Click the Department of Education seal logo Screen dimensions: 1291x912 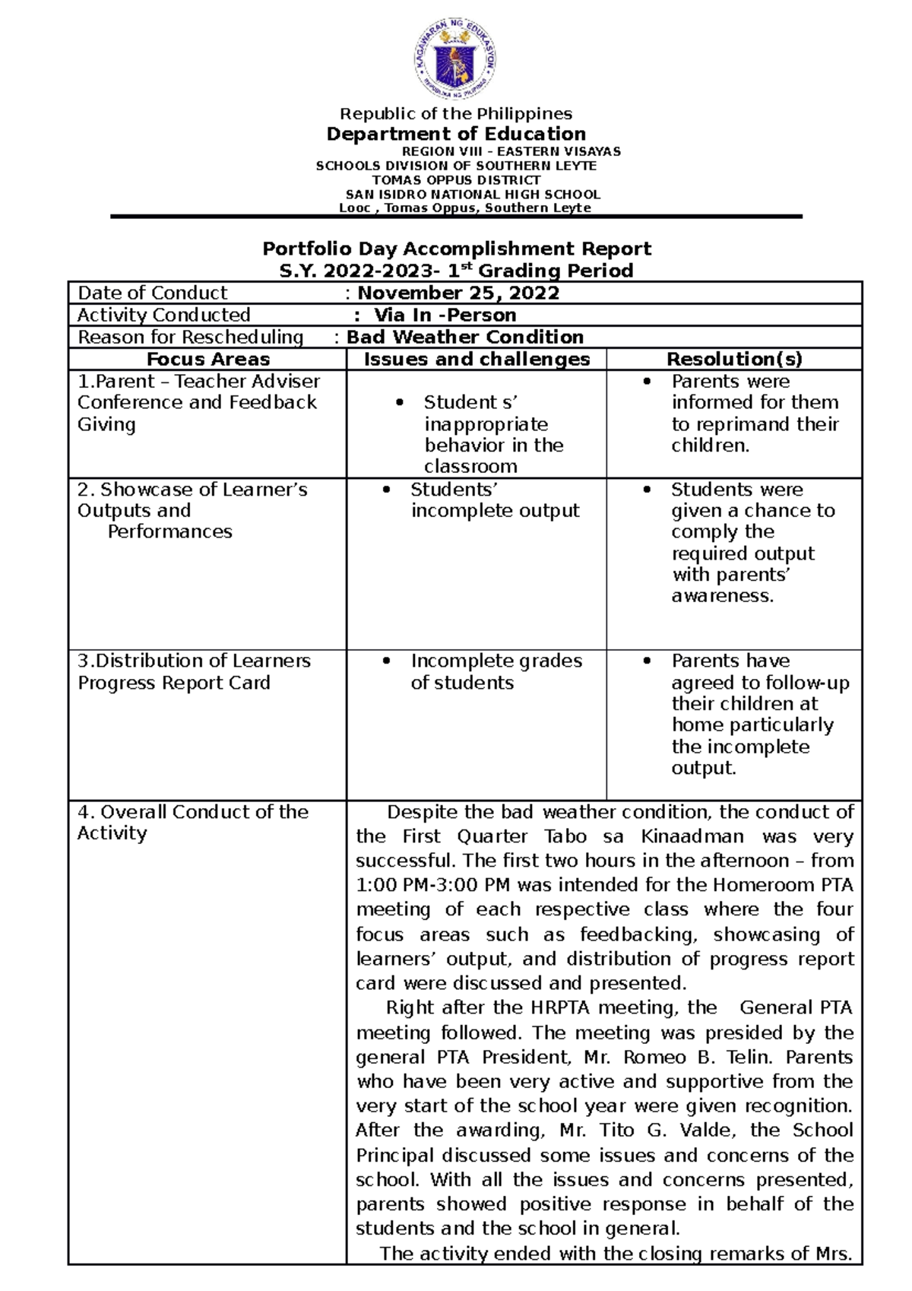pyautogui.click(x=455, y=59)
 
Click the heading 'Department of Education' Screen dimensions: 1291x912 pyautogui.click(x=456, y=134)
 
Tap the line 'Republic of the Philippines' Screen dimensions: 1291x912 pyautogui.click(x=456, y=114)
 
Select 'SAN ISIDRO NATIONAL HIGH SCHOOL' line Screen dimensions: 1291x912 pyautogui.click(x=473, y=195)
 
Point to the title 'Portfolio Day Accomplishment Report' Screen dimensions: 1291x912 pyautogui.click(x=456, y=249)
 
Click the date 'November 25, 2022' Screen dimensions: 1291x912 pyautogui.click(x=458, y=293)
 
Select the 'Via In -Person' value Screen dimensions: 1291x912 pyautogui.click(x=445, y=316)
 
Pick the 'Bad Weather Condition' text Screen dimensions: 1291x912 pyautogui.click(x=465, y=338)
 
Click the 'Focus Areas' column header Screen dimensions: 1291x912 pyautogui.click(x=207, y=360)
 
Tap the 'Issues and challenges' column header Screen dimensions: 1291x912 pyautogui.click(x=477, y=360)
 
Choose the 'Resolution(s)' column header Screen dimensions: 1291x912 pyautogui.click(x=734, y=360)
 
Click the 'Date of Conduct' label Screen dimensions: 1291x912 pyautogui.click(x=152, y=293)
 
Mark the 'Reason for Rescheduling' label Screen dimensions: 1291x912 pyautogui.click(x=190, y=338)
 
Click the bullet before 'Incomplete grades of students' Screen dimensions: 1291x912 pyautogui.click(x=387, y=661)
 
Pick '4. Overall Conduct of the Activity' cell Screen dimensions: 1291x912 pyautogui.click(x=192, y=823)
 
